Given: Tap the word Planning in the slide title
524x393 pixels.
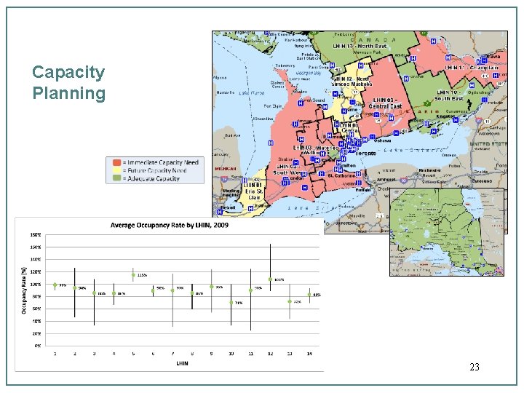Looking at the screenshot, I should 68,93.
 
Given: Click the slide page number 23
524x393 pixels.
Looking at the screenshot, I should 474,368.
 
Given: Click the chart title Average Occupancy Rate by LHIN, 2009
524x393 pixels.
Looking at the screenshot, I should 169,226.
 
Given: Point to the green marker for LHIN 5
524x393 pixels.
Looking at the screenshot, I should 133,275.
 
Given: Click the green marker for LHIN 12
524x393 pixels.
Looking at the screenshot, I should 270,279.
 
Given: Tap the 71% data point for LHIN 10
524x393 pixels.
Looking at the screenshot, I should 231,301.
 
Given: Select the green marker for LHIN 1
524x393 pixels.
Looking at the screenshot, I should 55,285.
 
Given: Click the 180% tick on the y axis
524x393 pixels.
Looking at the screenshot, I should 35,235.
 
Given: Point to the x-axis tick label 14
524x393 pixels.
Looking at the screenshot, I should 309,353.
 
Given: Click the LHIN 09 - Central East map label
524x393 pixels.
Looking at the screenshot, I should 385,103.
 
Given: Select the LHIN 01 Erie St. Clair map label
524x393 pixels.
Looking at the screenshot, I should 255,191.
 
